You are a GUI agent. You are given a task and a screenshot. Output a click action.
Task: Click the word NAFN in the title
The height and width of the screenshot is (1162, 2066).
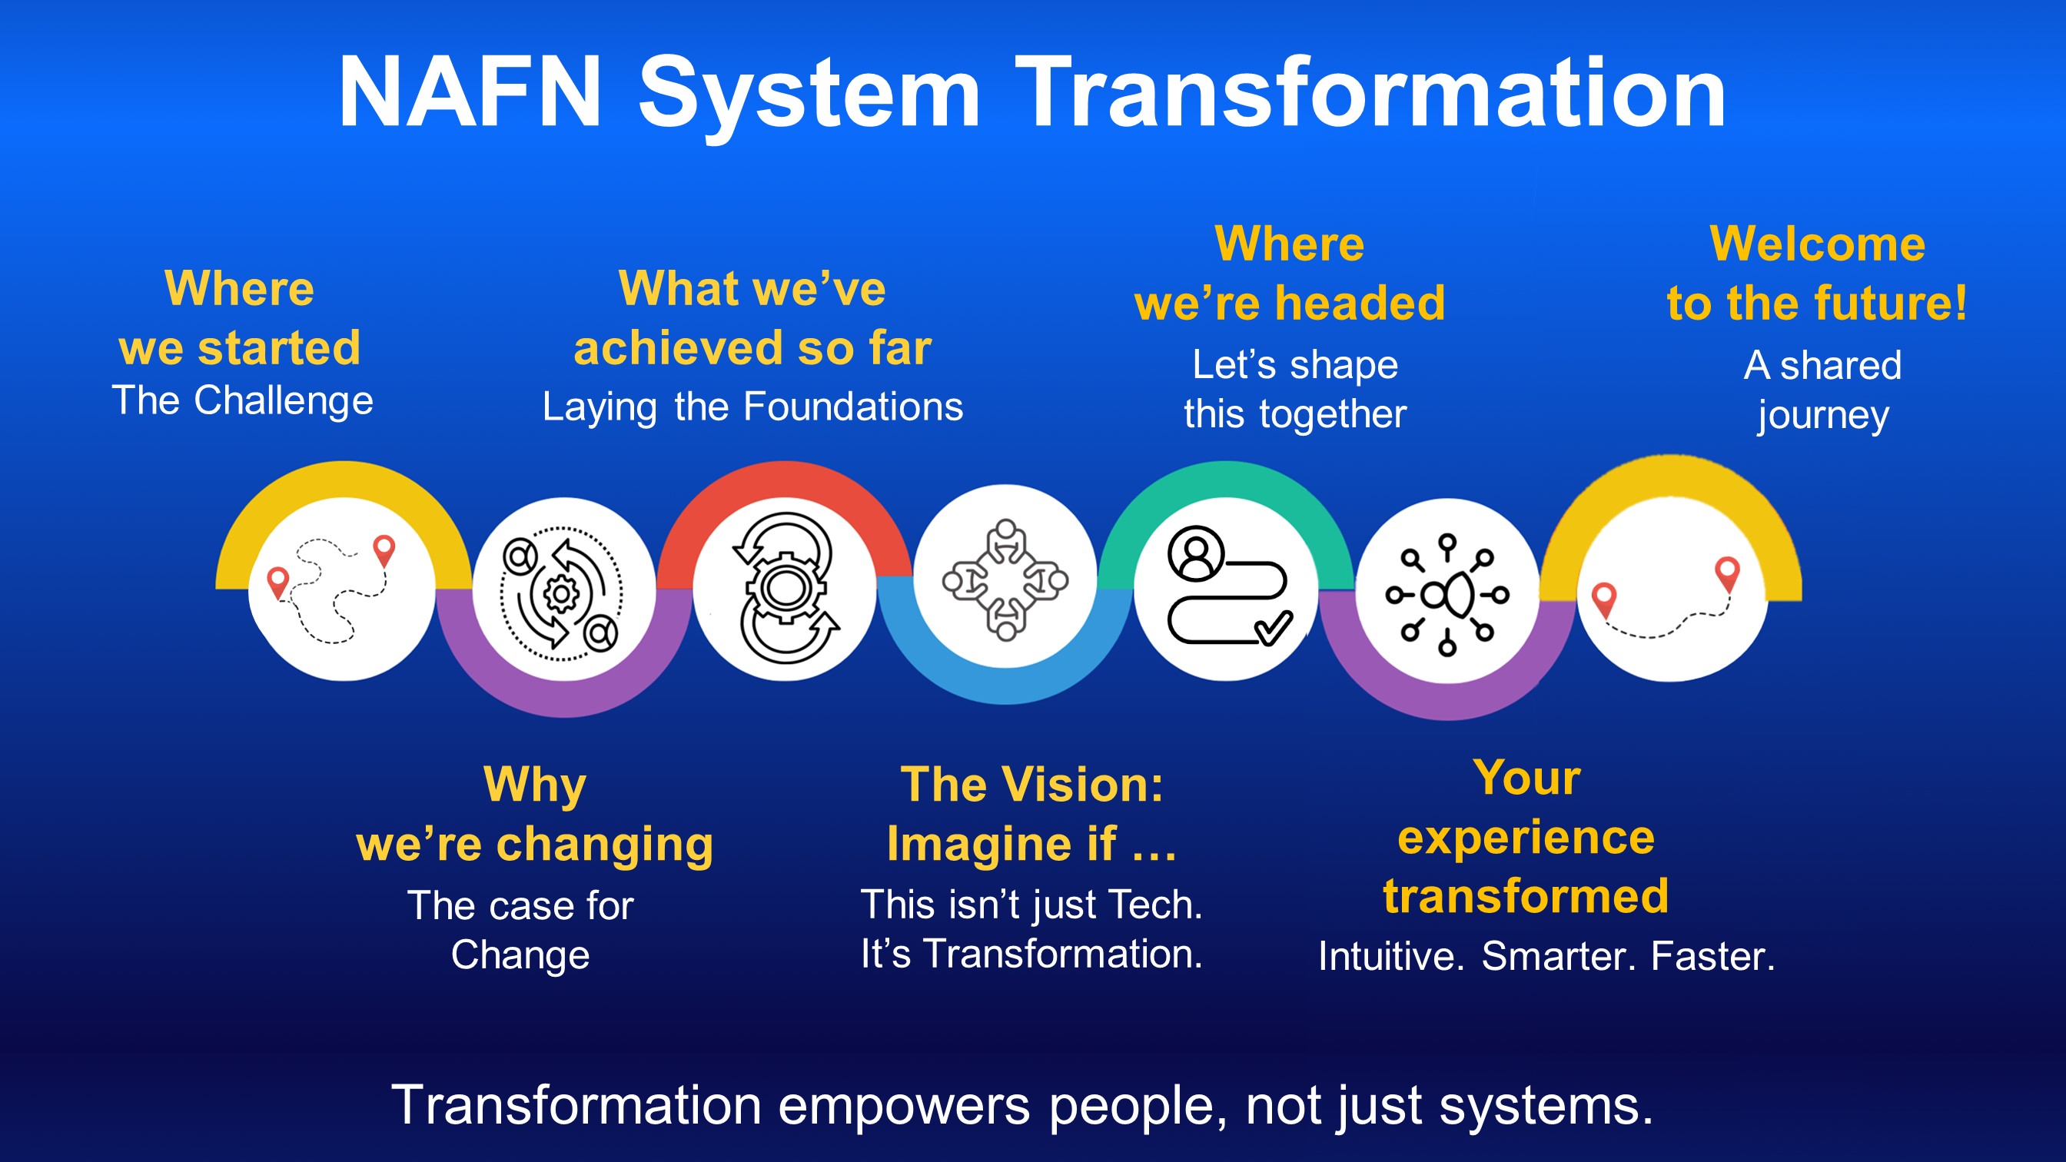[470, 91]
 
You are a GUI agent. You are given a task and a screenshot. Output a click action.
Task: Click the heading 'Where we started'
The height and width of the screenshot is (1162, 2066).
[239, 317]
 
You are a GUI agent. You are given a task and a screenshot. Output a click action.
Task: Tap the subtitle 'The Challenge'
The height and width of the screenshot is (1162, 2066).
[242, 400]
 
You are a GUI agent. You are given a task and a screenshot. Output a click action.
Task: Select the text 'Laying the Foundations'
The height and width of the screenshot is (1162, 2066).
[752, 407]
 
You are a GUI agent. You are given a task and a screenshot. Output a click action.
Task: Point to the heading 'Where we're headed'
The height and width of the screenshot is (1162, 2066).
[1290, 274]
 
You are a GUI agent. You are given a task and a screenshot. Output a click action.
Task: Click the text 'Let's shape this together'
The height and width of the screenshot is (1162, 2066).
[1295, 390]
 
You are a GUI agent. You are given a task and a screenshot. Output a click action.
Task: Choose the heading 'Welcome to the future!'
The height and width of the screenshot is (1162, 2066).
[1818, 274]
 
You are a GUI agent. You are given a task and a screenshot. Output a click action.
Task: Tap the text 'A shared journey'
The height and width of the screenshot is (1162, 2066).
[1822, 390]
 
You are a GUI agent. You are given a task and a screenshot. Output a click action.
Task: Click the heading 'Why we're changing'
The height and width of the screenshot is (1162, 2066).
[535, 814]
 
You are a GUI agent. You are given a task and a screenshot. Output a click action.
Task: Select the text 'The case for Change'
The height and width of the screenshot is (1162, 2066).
[520, 930]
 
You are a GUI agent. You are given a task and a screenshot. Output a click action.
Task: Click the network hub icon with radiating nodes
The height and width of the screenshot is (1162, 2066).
[1447, 595]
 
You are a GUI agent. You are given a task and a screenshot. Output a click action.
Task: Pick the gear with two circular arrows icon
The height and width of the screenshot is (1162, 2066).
[786, 588]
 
